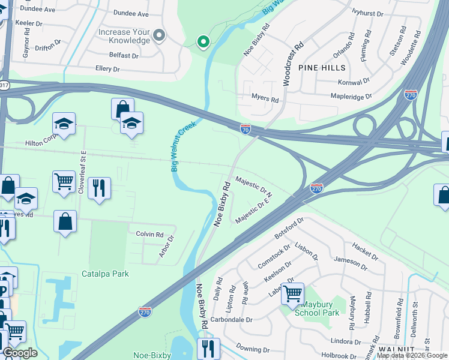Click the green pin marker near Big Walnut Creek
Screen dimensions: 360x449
[203, 41]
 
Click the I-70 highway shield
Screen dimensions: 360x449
[246, 128]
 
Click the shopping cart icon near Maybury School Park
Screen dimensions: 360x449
[292, 294]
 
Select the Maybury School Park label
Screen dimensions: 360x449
[321, 308]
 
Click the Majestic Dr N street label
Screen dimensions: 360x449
[254, 185]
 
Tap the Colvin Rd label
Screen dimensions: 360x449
[149, 234]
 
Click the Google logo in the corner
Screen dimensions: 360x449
[20, 353]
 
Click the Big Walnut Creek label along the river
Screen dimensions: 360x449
[183, 146]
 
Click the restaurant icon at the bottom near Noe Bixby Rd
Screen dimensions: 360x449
[208, 348]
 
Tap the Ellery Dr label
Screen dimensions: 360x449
[107, 69]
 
